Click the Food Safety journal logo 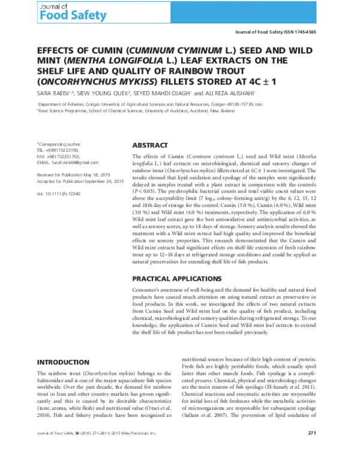39,12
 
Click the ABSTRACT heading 149,145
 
